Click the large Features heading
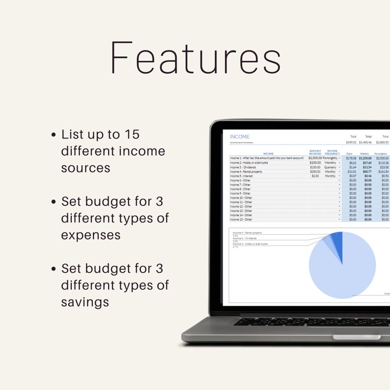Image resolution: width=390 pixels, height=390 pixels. pyautogui.click(x=195, y=58)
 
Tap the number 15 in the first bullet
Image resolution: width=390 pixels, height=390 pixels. pyautogui.click(x=131, y=134)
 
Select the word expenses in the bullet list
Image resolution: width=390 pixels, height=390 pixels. pyautogui.click(x=90, y=235)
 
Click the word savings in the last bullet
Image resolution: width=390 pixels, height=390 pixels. pyautogui.click(x=84, y=302)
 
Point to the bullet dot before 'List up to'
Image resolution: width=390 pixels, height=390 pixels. pyautogui.click(x=54, y=135)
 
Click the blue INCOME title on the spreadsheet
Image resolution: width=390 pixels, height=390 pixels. pyautogui.click(x=240, y=137)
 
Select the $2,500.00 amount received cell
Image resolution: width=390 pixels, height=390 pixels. pyautogui.click(x=315, y=158)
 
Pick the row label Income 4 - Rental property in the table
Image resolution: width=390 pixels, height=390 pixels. pyautogui.click(x=246, y=171)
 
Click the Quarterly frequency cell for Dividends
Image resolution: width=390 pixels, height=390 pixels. pyautogui.click(x=330, y=167)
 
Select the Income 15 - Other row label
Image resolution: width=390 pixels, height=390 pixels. pyautogui.click(x=241, y=220)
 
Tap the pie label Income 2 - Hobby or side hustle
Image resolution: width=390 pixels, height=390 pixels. pyautogui.click(x=250, y=244)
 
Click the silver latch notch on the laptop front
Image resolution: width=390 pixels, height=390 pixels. pyautogui.click(x=356, y=337)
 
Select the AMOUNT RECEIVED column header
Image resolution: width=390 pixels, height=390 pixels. pyautogui.click(x=315, y=153)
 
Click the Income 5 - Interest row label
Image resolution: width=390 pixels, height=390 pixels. pyautogui.click(x=241, y=176)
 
